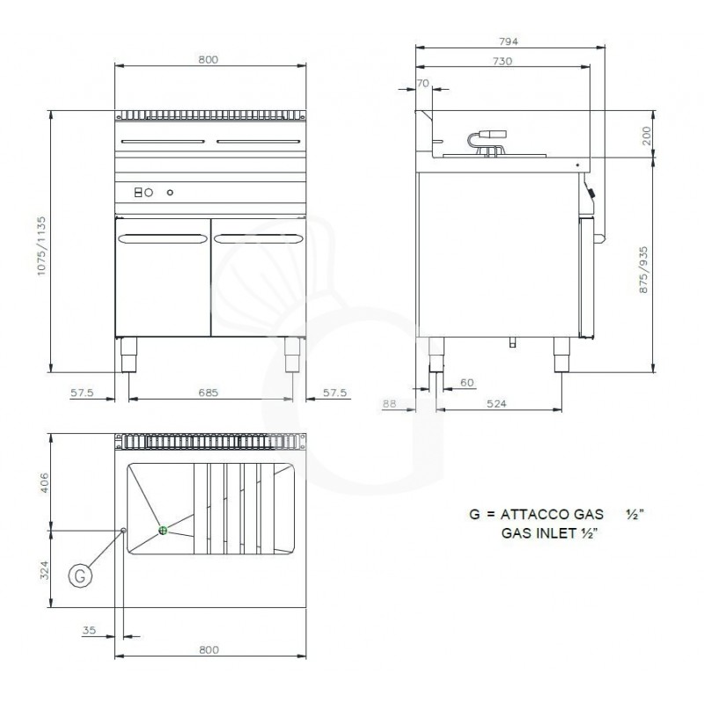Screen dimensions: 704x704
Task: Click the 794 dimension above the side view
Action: pyautogui.click(x=510, y=40)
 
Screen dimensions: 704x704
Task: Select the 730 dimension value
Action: pyautogui.click(x=502, y=62)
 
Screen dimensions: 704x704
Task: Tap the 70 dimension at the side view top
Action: pyautogui.click(x=423, y=83)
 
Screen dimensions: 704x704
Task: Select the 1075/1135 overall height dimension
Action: pyautogui.click(x=41, y=247)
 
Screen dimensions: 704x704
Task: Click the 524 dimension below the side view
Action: pyautogui.click(x=499, y=404)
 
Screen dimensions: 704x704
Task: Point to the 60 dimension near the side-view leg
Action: pyautogui.click(x=466, y=382)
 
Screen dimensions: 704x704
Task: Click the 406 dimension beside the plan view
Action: pyautogui.click(x=41, y=482)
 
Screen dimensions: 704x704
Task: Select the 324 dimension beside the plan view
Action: pyautogui.click(x=41, y=570)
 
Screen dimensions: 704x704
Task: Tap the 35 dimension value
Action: pyautogui.click(x=88, y=630)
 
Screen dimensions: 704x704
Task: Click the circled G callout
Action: pyautogui.click(x=79, y=576)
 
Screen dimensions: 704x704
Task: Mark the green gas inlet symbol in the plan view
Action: pyautogui.click(x=163, y=530)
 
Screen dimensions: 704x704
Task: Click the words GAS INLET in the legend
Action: pyautogui.click(x=531, y=534)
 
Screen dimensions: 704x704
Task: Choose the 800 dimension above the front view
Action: pyautogui.click(x=208, y=60)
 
